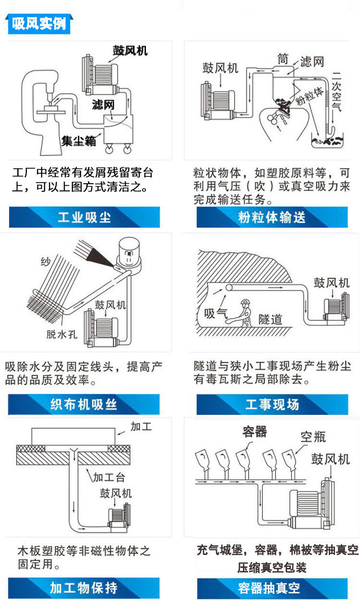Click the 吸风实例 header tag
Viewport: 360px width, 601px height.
point(39,24)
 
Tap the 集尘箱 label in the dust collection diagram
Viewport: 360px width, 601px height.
point(79,141)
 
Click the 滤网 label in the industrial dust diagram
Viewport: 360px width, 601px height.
point(103,105)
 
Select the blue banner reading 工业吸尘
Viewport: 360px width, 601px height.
point(84,217)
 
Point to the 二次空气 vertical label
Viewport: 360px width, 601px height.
point(336,92)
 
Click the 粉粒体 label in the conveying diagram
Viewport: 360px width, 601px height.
point(309,96)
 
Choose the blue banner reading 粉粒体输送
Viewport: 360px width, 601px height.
point(272,217)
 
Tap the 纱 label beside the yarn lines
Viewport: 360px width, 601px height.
point(46,261)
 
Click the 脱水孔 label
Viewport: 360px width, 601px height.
point(62,334)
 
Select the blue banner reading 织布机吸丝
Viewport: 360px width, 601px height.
point(84,404)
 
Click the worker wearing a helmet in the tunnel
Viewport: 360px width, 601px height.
point(242,313)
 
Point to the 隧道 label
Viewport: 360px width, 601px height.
point(270,319)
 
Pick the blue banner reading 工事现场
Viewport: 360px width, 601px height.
point(272,404)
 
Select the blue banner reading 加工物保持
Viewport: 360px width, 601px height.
point(84,588)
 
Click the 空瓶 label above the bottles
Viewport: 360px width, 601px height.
point(313,437)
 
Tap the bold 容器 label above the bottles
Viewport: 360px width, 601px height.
point(255,432)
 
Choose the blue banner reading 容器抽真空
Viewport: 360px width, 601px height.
point(272,589)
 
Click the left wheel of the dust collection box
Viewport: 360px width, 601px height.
point(109,149)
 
